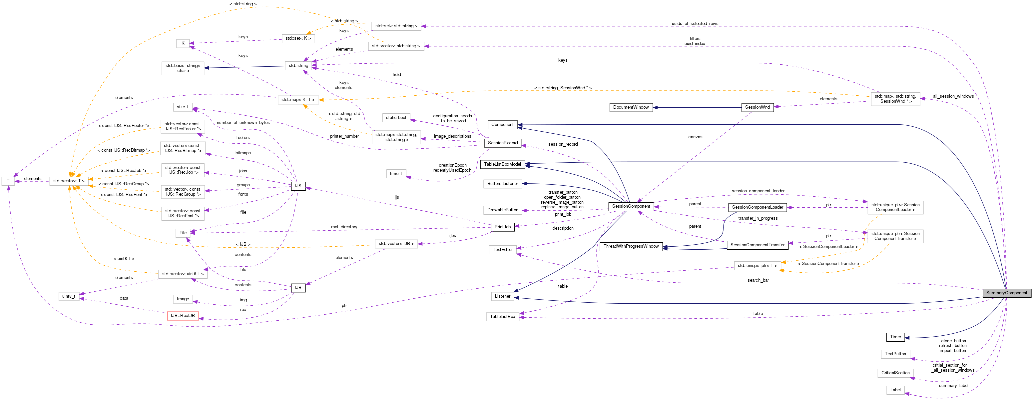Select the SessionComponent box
(631, 206)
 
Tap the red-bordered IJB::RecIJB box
(183, 316)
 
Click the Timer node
(895, 337)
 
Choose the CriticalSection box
(895, 373)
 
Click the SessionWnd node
(757, 108)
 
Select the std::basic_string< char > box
(183, 68)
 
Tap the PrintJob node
(502, 227)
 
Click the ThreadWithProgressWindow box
(631, 246)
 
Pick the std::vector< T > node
(69, 181)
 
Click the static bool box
(396, 118)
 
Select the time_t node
(395, 174)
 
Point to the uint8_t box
(69, 296)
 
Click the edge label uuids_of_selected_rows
(695, 24)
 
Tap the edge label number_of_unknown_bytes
(243, 123)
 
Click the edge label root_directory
(344, 227)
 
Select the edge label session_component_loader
(758, 191)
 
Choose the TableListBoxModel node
(502, 164)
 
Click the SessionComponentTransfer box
(757, 245)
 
